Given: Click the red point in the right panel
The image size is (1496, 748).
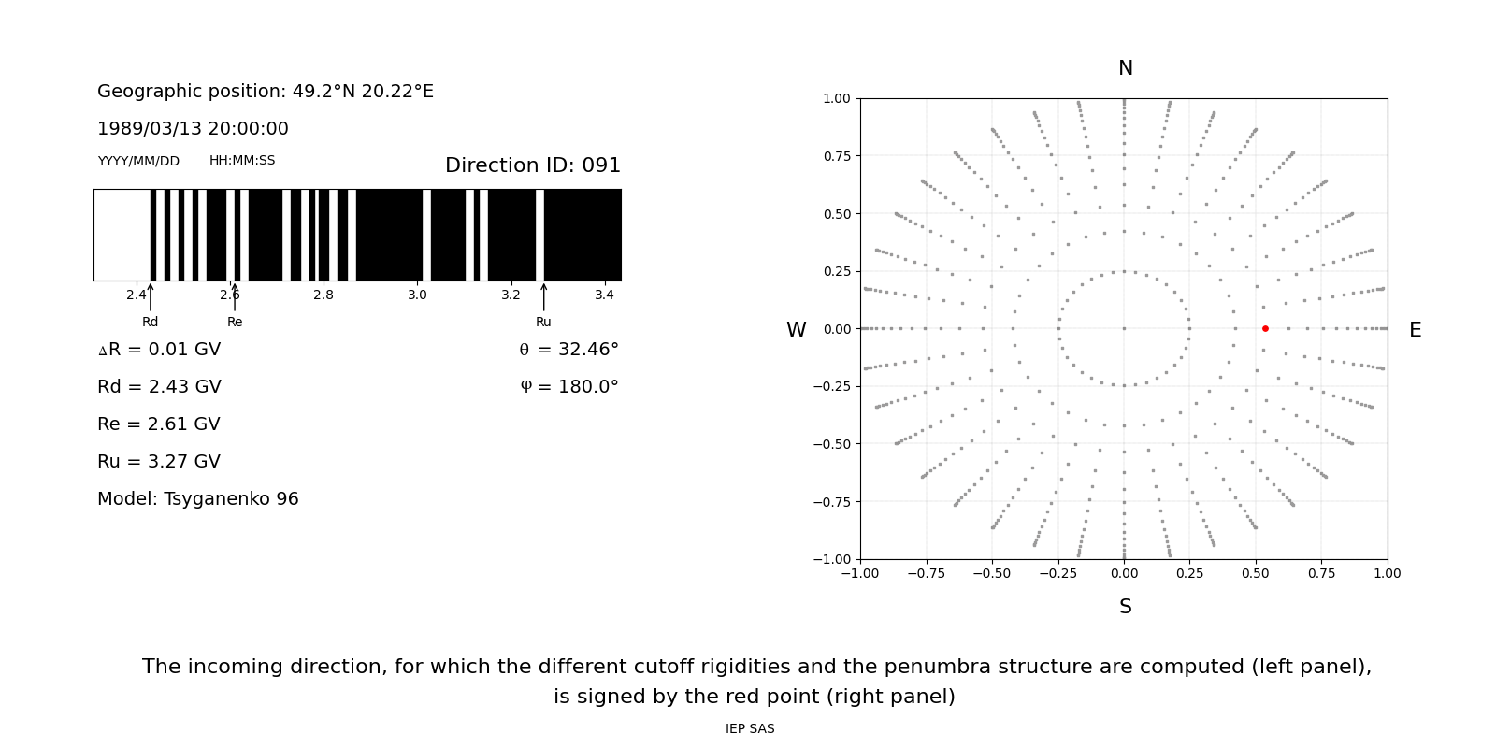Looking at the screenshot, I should (x=1265, y=328).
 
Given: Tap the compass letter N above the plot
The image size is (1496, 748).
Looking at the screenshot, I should (x=1125, y=68).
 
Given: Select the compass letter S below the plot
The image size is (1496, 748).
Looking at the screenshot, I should (x=1125, y=607).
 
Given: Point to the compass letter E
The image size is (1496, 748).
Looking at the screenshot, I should (x=1415, y=330).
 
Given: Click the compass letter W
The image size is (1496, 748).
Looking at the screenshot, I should (x=796, y=330).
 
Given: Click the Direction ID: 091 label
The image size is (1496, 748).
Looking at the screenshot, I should (x=532, y=165).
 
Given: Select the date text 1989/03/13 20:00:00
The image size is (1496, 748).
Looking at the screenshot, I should (x=193, y=129).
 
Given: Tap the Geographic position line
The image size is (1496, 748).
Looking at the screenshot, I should (x=265, y=92).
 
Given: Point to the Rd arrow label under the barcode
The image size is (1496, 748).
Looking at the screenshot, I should (x=150, y=322).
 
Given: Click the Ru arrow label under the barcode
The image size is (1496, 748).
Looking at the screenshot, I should (x=543, y=322).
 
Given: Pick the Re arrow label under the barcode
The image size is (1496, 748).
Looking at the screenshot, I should (x=235, y=322).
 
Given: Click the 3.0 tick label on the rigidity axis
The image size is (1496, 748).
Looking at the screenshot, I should (x=417, y=295).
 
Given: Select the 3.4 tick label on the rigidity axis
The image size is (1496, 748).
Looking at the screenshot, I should (x=604, y=295).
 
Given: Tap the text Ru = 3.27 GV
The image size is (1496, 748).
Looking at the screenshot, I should (x=159, y=462).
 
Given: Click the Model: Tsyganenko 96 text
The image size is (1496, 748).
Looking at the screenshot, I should (x=197, y=499).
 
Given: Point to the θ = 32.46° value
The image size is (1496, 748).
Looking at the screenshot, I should (x=568, y=350).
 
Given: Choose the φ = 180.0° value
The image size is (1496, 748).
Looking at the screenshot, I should (x=568, y=387).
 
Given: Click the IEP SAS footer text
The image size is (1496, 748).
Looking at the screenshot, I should (x=749, y=729).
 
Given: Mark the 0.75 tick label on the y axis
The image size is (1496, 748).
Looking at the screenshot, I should (x=836, y=156).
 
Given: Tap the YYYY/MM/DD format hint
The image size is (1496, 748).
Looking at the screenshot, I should (x=138, y=161).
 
